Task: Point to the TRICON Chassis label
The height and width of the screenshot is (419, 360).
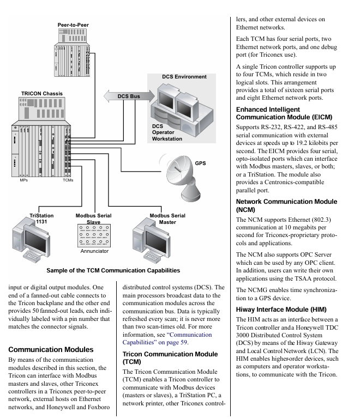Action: coord(41,94)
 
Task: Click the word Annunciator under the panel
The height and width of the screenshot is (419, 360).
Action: coord(94,251)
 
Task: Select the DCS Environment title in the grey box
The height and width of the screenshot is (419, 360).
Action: coord(184,77)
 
